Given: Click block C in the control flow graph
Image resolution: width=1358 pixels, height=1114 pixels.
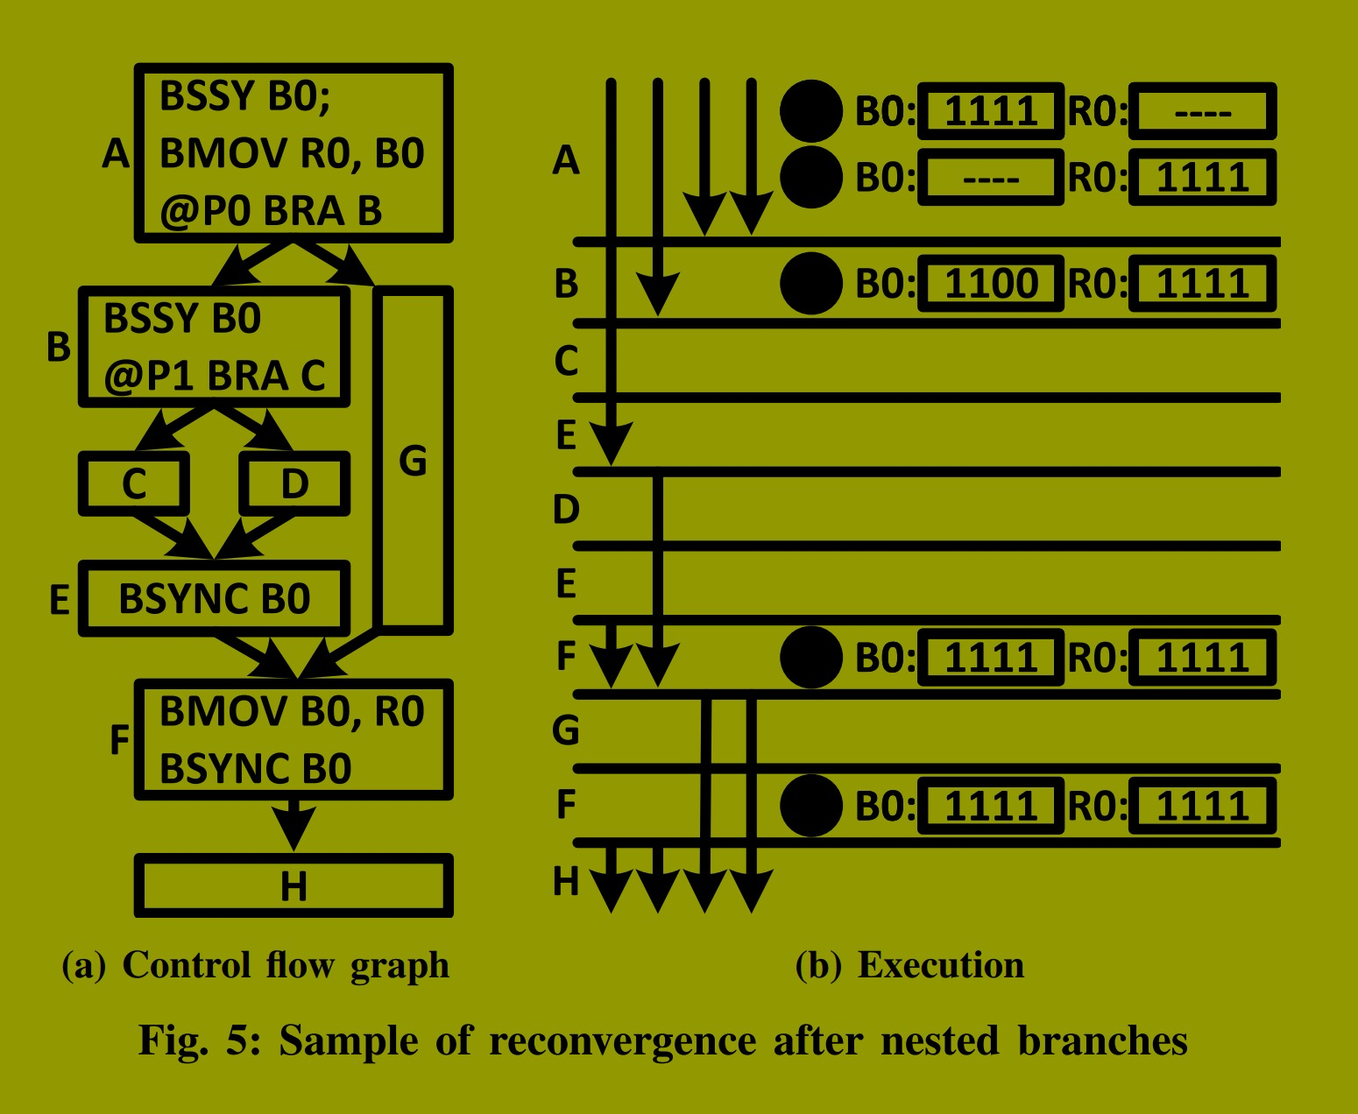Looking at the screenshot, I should point(134,483).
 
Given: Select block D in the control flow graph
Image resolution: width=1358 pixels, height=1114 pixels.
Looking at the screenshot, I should point(294,483).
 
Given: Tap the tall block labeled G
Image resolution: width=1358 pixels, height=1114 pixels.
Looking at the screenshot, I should point(413,461).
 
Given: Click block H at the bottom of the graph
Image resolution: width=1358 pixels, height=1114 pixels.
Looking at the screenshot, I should point(294,886).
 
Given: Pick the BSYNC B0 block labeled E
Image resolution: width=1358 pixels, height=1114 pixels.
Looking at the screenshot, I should point(215,599).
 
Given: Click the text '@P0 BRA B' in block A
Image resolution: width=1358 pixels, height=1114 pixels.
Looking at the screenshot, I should point(271,211).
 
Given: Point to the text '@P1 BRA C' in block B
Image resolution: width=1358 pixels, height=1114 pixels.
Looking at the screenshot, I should point(215,376).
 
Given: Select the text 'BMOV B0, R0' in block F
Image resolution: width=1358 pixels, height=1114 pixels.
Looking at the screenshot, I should point(292,711).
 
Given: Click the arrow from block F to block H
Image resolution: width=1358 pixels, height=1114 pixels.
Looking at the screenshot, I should point(294,823).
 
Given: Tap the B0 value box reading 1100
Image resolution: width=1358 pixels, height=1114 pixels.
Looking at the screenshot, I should point(991,284).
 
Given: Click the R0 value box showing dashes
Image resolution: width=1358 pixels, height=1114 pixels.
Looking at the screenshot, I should point(1202,112).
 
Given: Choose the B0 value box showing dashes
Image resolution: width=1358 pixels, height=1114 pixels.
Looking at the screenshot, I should point(991,178).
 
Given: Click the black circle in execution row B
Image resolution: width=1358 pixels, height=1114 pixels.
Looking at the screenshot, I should point(811,284).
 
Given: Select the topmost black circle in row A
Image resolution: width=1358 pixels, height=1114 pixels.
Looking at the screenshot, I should point(811,111).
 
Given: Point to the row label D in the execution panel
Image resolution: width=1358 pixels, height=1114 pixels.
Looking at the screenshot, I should point(566,509).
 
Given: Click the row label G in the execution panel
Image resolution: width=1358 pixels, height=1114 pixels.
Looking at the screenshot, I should point(566,730).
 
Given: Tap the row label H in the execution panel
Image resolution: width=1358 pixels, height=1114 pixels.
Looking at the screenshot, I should point(566,881).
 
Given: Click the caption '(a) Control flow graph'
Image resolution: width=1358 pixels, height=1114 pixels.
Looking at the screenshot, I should point(255,965).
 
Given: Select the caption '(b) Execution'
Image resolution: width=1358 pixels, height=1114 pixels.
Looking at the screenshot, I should point(909,965).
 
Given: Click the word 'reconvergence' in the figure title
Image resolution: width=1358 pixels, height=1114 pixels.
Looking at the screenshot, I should point(622,1041).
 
